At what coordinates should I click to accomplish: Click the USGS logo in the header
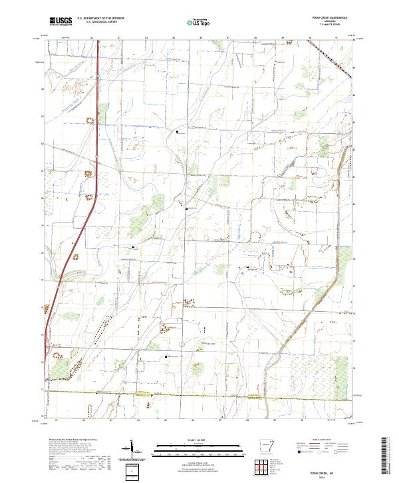[61, 21]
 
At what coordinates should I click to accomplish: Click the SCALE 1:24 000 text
[199, 440]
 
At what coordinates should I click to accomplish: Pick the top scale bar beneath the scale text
[199, 444]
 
